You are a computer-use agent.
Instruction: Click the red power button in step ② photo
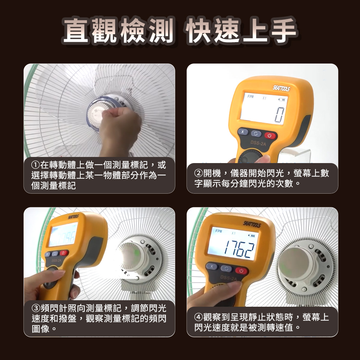(270, 135)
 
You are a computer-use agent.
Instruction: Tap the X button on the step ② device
(243, 132)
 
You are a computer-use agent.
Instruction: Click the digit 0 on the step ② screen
(280, 115)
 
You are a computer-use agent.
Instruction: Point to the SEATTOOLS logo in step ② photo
(281, 88)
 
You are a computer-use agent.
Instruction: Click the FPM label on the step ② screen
(251, 96)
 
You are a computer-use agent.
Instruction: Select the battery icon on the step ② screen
(282, 100)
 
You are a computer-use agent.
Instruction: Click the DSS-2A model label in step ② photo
(258, 143)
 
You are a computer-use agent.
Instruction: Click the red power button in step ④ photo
(241, 271)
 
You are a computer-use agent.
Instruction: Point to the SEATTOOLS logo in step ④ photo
(252, 224)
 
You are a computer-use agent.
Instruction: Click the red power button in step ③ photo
(64, 253)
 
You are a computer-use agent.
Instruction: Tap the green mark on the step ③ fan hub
(136, 253)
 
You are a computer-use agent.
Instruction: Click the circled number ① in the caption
(35, 165)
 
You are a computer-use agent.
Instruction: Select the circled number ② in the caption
(198, 173)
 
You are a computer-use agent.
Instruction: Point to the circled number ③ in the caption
(36, 308)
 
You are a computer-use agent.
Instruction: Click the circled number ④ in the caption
(198, 317)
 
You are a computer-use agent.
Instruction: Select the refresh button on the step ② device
(256, 134)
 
